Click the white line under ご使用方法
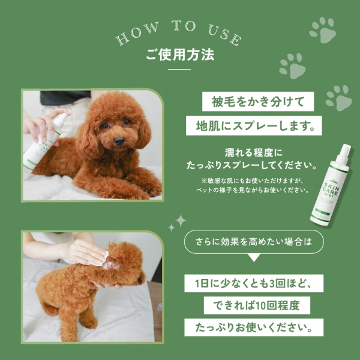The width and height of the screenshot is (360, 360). click(x=180, y=70)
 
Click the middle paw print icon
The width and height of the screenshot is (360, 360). click(x=292, y=65)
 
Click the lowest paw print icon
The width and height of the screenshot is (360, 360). click(x=339, y=96)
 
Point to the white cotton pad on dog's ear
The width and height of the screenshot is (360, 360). click(x=101, y=257)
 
